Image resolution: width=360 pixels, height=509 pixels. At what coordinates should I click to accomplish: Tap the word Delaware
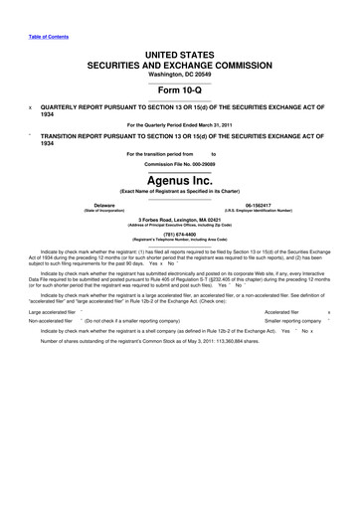tap(96, 204)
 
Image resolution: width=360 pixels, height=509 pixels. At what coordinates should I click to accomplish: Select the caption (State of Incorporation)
tap(96, 210)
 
